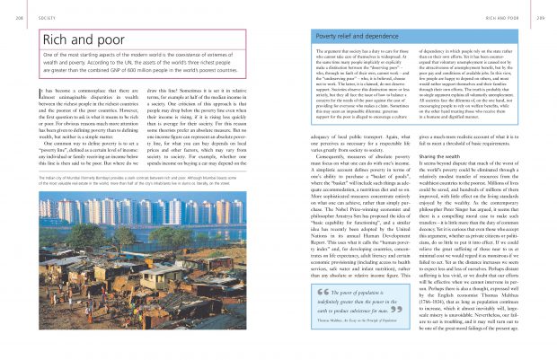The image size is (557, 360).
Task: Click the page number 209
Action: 547,15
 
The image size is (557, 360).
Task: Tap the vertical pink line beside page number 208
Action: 16,15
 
